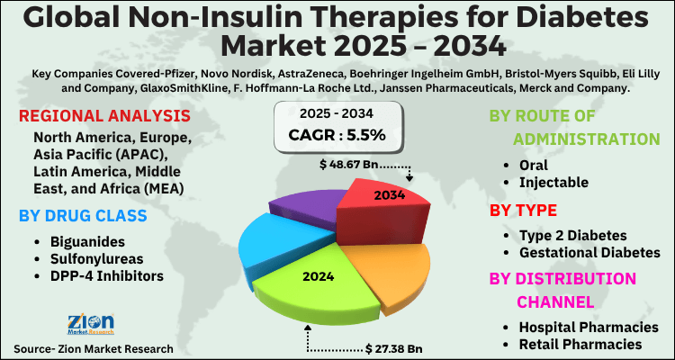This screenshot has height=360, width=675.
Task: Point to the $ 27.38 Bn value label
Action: pyautogui.click(x=394, y=346)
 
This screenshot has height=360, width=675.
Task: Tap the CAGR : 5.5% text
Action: pyautogui.click(x=337, y=135)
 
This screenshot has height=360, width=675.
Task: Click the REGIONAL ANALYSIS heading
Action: pyautogui.click(x=103, y=117)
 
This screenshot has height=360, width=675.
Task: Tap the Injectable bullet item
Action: pyautogui.click(x=553, y=183)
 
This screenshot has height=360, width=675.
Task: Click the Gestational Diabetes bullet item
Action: pyautogui.click(x=589, y=252)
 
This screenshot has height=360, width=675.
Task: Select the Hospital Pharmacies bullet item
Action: pyautogui.click(x=589, y=327)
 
